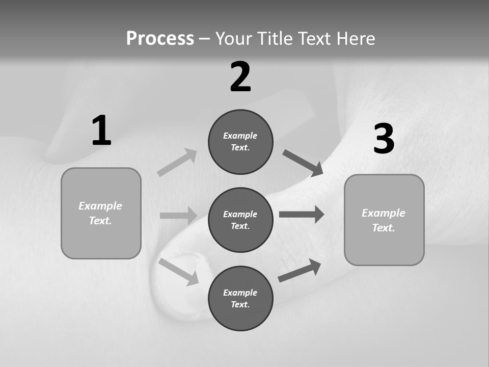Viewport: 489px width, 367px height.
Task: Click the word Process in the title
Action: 160,38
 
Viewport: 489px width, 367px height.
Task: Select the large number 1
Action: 101,130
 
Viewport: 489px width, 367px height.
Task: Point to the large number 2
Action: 240,77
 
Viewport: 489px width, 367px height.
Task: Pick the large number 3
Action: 384,139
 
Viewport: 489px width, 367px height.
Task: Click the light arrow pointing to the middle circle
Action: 178,216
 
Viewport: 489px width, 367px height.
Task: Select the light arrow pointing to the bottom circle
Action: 179,271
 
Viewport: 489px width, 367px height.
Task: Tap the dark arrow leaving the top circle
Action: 303,163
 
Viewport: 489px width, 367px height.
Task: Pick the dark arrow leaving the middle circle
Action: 302,214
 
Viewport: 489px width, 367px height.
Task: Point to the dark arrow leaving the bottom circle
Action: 300,270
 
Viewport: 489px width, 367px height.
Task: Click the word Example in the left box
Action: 100,206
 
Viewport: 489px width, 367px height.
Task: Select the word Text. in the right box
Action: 384,228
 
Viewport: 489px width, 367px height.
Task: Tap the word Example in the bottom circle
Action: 240,293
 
